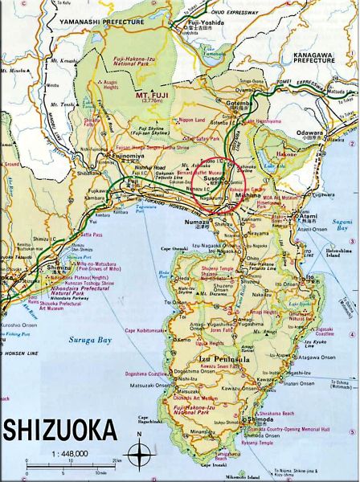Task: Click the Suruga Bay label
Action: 88,340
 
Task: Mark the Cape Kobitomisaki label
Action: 145,331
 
